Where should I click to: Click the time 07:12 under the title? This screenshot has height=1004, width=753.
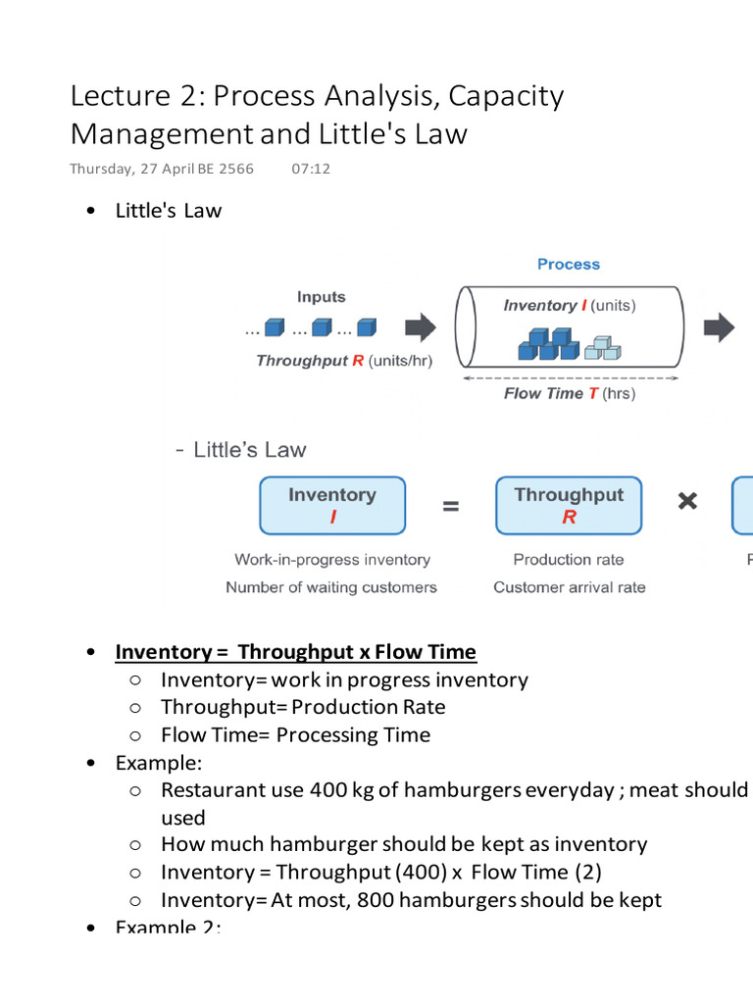311,169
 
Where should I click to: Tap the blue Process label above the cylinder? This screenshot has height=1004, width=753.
568,265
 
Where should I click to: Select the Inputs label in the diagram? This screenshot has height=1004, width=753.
321,297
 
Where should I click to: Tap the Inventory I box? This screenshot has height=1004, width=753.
331,505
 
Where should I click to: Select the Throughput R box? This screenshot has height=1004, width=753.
569,505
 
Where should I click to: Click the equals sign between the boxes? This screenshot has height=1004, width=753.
450,506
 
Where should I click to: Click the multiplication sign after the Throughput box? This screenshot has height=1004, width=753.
688,502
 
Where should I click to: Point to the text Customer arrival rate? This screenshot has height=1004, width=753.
569,587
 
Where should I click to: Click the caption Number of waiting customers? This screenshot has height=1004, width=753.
331,587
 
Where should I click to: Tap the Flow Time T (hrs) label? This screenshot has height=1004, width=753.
569,393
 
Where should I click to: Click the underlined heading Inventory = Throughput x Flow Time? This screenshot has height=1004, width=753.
295,652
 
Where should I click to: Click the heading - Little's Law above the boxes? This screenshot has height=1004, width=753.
240,450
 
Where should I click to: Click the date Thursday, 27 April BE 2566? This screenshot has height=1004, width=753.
162,169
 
